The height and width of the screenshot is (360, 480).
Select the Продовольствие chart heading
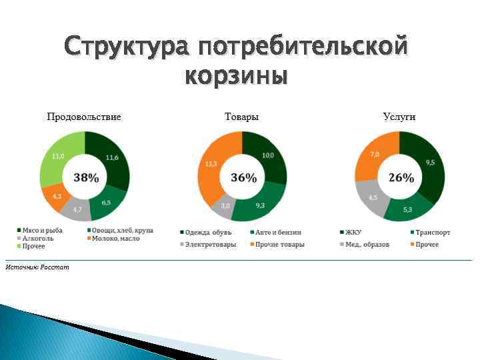point(84,117)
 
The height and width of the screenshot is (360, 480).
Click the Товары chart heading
point(242,117)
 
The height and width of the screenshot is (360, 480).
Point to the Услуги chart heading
point(399,117)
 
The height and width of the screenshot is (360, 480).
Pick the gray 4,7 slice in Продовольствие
point(77,209)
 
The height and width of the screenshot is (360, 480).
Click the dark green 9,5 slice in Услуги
point(429,163)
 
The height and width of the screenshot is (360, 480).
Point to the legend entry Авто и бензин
point(277,232)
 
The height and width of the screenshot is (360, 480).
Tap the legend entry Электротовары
point(207,244)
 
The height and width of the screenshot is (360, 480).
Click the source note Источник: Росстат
point(37,267)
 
